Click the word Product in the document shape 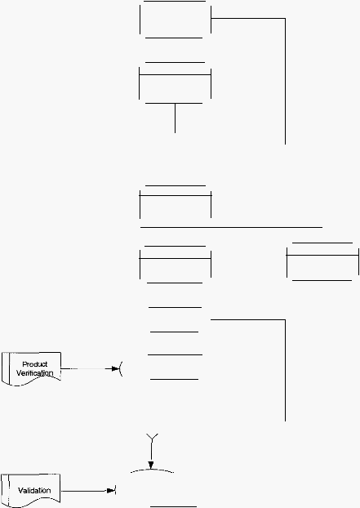pos(34,364)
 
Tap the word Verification pos(34,373)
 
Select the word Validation pos(34,491)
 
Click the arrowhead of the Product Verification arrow pos(116,368)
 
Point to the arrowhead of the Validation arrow pos(111,491)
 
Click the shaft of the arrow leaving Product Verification pos(86,368)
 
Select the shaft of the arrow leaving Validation pos(84,491)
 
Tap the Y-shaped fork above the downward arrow pos(152,437)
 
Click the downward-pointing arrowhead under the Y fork pos(151,466)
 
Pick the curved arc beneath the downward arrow pos(152,470)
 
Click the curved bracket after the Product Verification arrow pos(121,369)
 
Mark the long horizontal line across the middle pos(231,227)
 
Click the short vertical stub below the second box pos(176,118)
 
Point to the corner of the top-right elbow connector pos(285,19)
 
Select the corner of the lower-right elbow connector pos(285,320)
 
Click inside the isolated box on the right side pos(322,268)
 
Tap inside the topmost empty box pos(176,20)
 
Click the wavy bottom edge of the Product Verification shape pos(31,381)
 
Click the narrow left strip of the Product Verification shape pos(6,368)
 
